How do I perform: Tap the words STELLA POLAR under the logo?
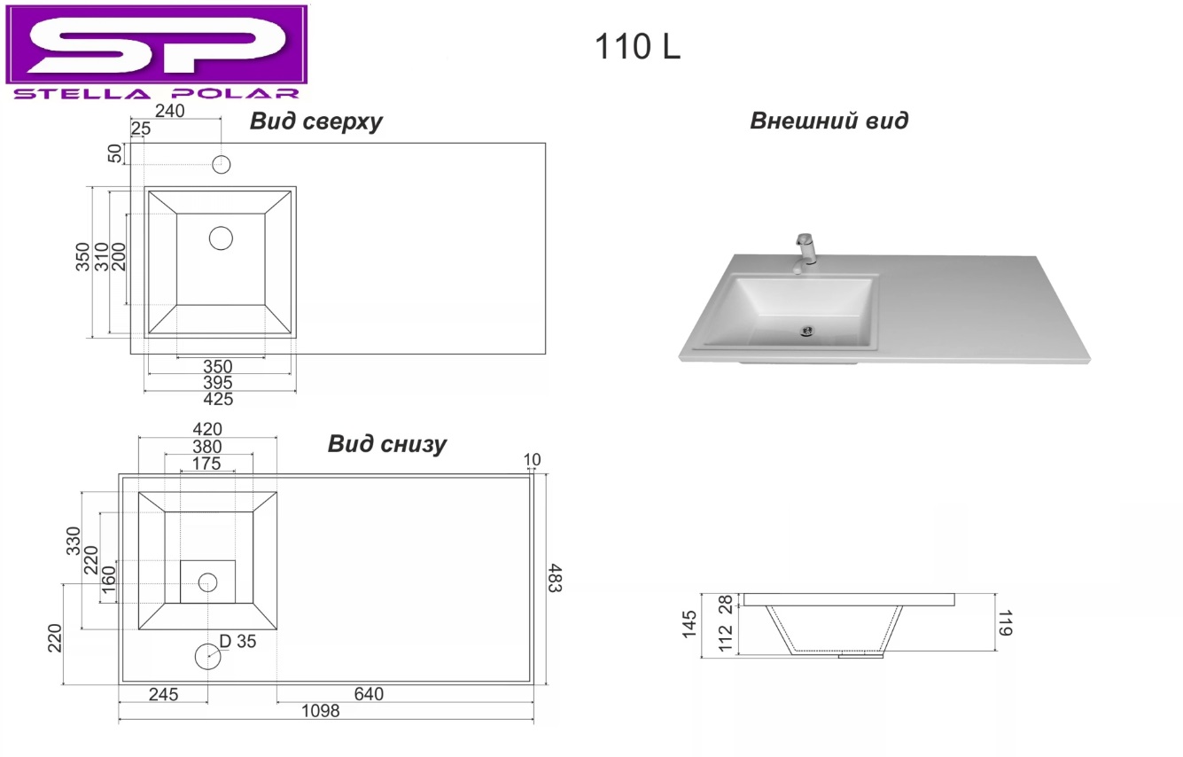(x=156, y=94)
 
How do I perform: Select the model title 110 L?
(x=638, y=46)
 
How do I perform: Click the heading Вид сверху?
(x=315, y=121)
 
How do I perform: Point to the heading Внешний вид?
(x=829, y=121)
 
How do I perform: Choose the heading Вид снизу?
(x=387, y=444)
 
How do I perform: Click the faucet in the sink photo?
(x=805, y=254)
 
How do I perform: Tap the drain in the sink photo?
(x=807, y=332)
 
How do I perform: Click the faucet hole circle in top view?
(x=222, y=164)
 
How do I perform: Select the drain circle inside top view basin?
(x=221, y=238)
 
